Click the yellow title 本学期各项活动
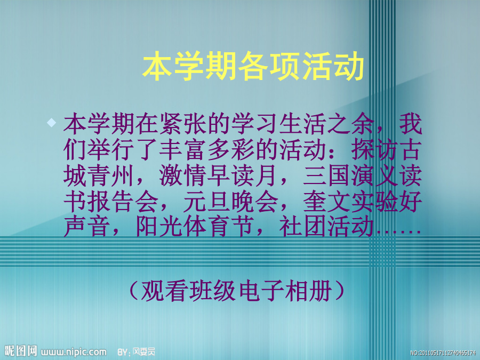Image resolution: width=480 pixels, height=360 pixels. (x=253, y=66)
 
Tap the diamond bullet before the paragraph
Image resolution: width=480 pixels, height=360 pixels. (x=51, y=123)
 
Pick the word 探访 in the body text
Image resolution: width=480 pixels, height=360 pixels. (x=375, y=150)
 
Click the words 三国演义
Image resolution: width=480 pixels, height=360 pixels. (x=351, y=176)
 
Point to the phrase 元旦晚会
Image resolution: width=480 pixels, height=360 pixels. (x=231, y=202)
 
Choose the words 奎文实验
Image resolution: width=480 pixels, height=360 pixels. (x=351, y=202)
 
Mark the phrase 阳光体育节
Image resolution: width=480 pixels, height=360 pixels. (x=195, y=227)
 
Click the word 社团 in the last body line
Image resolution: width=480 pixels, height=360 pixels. (x=302, y=227)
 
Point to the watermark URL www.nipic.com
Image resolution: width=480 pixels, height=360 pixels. (x=74, y=352)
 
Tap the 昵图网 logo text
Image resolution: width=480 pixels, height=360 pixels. (x=21, y=351)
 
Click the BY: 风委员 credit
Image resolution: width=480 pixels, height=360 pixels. (x=137, y=352)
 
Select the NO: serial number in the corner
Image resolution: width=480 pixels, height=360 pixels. (x=443, y=353)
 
